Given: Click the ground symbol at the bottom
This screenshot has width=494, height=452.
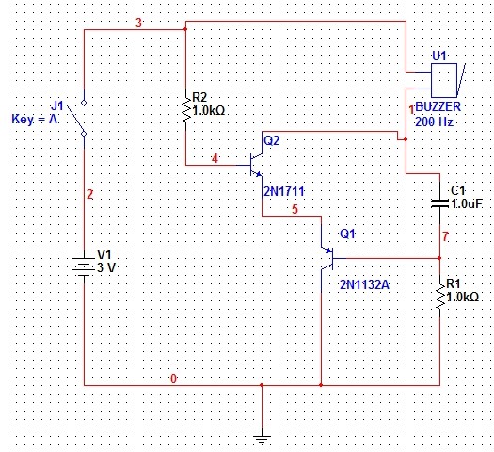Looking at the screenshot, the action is click(x=262, y=439).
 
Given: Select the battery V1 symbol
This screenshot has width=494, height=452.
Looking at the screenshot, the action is click(x=84, y=265).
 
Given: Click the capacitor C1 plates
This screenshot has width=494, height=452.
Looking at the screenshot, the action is click(x=439, y=203).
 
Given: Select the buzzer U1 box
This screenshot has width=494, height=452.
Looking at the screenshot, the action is click(x=444, y=80).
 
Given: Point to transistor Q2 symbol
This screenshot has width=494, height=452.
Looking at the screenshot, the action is click(x=256, y=165).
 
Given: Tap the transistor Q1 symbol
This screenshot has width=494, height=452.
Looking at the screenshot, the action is click(x=327, y=258).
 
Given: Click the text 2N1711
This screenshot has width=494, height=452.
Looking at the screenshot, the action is click(x=284, y=191).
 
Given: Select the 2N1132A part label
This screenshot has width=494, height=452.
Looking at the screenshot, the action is click(x=364, y=285).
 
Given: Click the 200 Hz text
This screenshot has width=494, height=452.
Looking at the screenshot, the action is click(x=434, y=121).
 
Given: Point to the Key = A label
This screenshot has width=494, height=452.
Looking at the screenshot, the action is click(x=35, y=120).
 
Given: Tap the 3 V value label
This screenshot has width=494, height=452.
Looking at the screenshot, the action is click(x=106, y=267).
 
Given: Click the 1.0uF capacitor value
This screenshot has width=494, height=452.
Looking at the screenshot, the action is click(x=467, y=204).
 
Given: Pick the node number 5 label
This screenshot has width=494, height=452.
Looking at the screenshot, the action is click(x=295, y=209).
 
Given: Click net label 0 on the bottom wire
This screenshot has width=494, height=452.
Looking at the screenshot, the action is click(x=173, y=379).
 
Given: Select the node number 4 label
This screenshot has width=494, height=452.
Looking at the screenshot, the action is click(x=215, y=158).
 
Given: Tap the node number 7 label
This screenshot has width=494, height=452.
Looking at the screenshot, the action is click(x=445, y=236).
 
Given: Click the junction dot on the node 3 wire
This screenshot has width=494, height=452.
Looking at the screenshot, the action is click(x=185, y=29).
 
